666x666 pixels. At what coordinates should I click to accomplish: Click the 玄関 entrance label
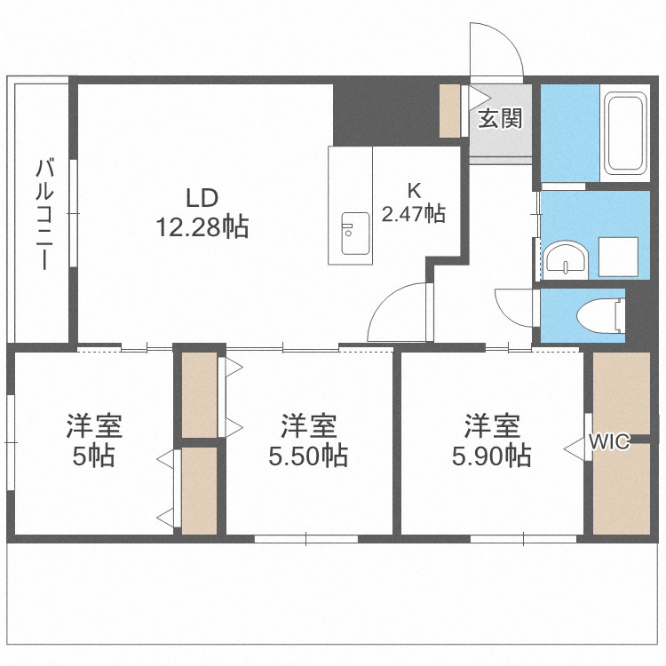coord(499,119)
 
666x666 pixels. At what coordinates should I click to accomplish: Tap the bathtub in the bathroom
coord(625,133)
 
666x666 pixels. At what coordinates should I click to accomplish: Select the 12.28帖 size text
coord(202,228)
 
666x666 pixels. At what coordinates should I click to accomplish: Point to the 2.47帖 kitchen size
coord(413,213)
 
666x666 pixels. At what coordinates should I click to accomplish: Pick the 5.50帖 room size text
coord(308,456)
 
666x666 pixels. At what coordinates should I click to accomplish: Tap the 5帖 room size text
coord(93,456)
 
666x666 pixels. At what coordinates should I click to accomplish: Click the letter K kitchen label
coord(413,189)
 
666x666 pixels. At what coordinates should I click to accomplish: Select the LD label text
coord(202,197)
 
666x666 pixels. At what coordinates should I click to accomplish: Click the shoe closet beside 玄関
coord(450,111)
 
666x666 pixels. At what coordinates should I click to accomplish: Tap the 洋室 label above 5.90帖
coord(491,426)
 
